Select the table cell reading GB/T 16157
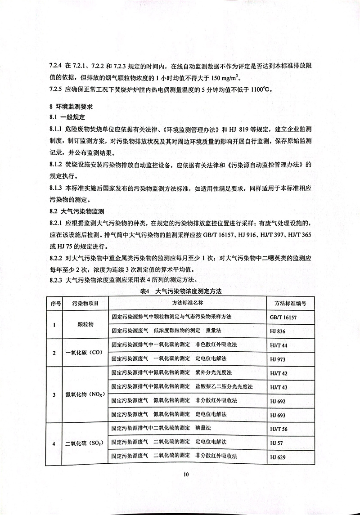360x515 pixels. click(x=283, y=317)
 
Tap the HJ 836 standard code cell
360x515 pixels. click(x=278, y=331)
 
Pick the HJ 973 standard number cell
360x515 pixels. click(x=278, y=359)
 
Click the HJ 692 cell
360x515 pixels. click(x=278, y=401)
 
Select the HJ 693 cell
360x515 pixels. click(x=278, y=415)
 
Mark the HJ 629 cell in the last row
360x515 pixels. click(x=278, y=457)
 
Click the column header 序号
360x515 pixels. click(x=56, y=304)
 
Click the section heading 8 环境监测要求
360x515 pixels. click(x=70, y=107)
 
